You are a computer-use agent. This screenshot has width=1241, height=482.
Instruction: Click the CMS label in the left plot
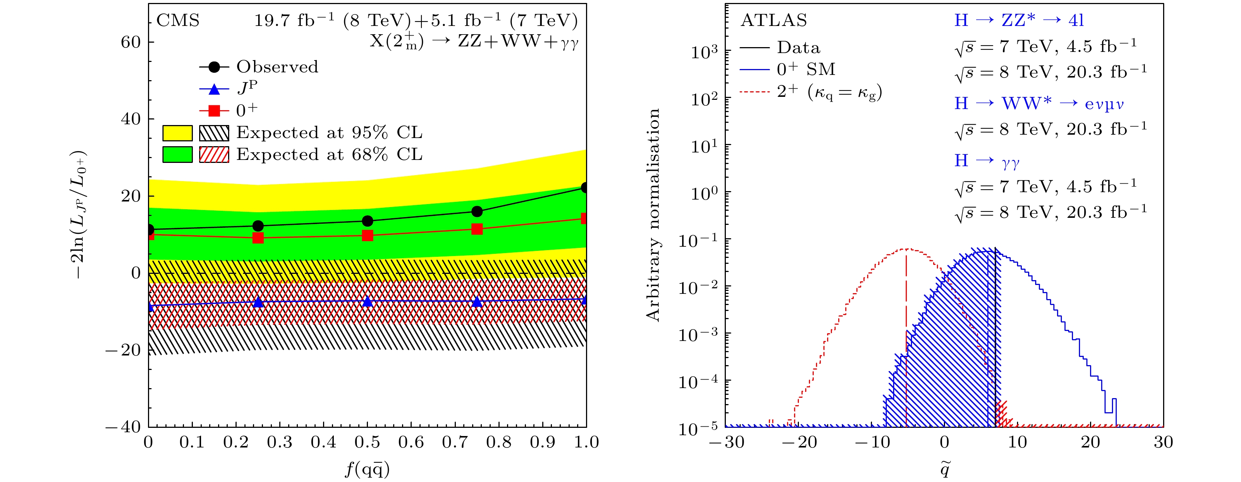pos(178,21)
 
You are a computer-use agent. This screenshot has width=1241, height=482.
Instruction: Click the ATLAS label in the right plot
pos(773,21)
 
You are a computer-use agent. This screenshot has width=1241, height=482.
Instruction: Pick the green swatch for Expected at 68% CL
pos(177,155)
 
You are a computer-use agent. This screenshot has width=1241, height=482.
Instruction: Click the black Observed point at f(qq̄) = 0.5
pos(367,221)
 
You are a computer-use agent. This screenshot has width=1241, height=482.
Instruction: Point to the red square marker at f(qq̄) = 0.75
pos(477,229)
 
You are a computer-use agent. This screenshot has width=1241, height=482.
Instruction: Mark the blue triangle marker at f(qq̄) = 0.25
pos(258,302)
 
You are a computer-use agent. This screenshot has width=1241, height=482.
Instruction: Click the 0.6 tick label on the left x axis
pos(411,442)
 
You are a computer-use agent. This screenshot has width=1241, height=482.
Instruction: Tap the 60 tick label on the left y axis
pos(131,42)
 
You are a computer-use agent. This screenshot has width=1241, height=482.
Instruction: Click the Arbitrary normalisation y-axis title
pos(653,214)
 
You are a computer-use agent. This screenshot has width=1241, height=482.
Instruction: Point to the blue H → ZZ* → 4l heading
pos(1019,21)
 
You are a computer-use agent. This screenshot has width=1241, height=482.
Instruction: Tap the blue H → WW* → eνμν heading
pos(1038,104)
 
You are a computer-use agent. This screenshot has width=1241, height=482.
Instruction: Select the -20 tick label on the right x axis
pos(799,442)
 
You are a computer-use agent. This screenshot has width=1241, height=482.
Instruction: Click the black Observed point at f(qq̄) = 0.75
pos(477,212)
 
